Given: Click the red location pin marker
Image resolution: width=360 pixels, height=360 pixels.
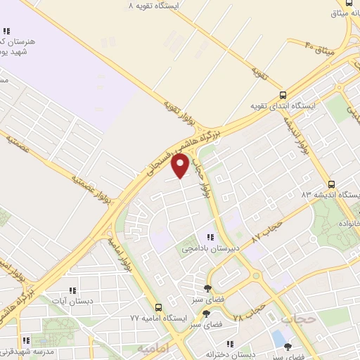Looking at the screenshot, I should pos(181,165).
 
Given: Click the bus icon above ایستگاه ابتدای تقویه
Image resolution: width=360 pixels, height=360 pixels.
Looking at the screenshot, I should pos(283,95).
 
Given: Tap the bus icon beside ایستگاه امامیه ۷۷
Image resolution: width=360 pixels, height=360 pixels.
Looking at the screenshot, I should pos(158,307).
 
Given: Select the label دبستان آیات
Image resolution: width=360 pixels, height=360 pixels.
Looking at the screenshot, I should pos(70,300).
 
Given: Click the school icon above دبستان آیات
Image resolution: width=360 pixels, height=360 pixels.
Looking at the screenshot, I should pos(71,290).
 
